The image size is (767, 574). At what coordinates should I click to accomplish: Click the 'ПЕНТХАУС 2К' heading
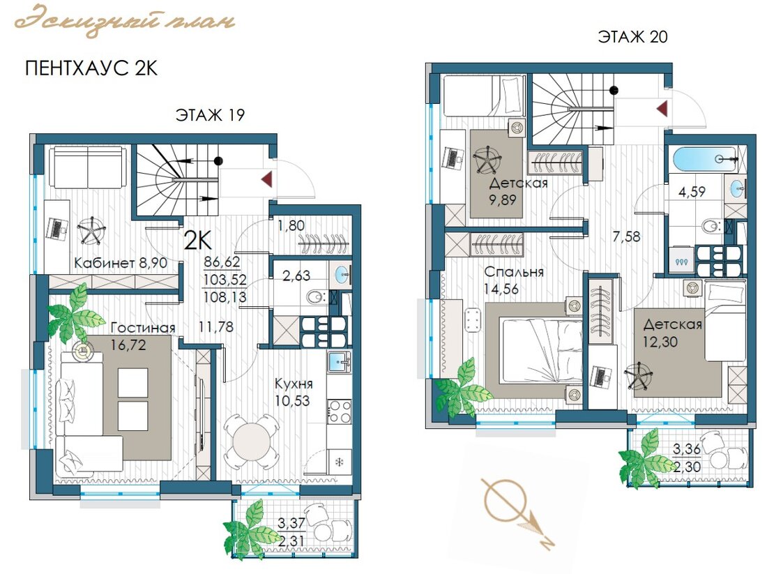click(x=91, y=68)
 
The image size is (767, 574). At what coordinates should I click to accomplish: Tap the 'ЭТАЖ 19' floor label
click(x=210, y=115)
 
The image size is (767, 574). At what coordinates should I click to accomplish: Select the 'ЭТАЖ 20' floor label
click(x=632, y=37)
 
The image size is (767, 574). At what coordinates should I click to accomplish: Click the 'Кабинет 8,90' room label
click(x=121, y=263)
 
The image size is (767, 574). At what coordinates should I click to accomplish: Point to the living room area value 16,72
click(x=128, y=345)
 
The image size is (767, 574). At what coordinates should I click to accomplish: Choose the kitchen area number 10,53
click(x=292, y=401)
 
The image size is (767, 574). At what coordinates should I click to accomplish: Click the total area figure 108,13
click(x=225, y=297)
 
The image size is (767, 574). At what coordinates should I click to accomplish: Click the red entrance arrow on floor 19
click(x=267, y=179)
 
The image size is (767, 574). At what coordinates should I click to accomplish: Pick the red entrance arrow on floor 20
click(x=662, y=108)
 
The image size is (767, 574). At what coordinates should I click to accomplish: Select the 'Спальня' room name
click(x=514, y=272)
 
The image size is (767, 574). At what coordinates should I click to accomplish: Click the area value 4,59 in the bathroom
click(x=692, y=192)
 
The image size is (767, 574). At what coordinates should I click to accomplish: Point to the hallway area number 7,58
click(x=627, y=237)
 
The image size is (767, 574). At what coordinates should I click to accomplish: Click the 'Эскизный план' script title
click(x=125, y=20)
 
